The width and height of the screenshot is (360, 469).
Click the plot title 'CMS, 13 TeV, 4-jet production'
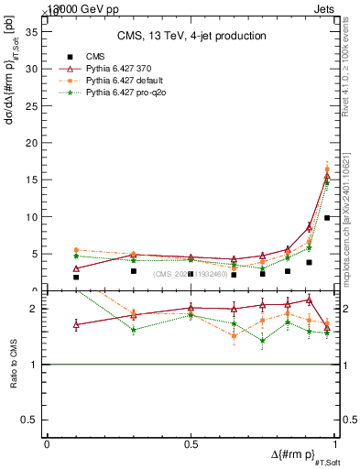click(x=191, y=37)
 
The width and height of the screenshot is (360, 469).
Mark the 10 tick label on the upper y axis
click(x=31, y=217)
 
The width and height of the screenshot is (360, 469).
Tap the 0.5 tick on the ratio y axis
click(x=31, y=420)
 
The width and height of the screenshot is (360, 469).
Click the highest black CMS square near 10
click(x=327, y=218)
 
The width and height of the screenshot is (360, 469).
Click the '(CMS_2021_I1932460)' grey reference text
click(x=191, y=273)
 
